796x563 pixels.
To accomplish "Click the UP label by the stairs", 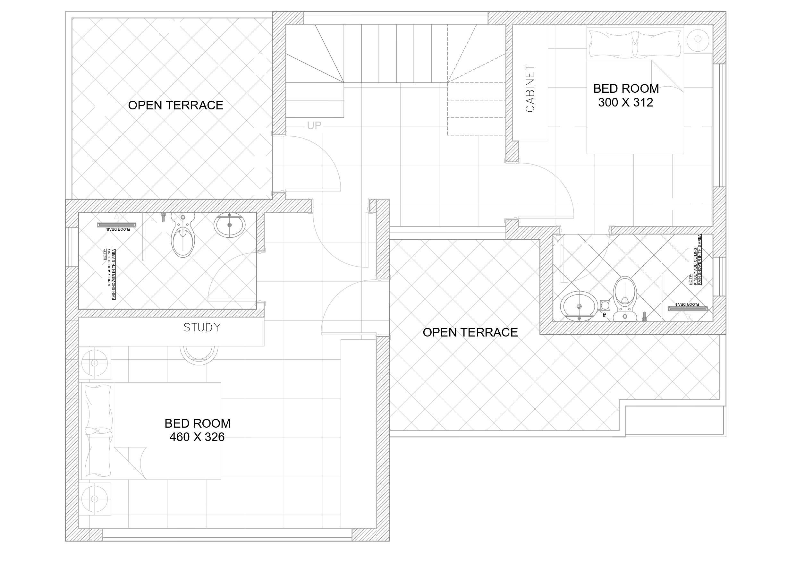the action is (314, 125).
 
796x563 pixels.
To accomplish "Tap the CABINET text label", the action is (530, 88).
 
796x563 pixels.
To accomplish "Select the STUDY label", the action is (202, 328).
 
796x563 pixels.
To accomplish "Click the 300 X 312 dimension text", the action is (625, 103).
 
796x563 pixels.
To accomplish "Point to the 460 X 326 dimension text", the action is (197, 437).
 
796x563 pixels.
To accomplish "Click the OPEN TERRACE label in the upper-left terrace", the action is (176, 105).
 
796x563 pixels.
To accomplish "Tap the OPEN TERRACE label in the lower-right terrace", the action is (470, 332).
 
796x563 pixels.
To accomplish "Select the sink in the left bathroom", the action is (230, 225).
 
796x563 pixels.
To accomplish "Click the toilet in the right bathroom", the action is (625, 299).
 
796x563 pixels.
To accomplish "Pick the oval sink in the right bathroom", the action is (579, 306).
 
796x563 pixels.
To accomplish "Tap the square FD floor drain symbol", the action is (605, 305).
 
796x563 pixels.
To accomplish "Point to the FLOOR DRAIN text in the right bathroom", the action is (686, 304).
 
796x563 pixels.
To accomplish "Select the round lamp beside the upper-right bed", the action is (698, 39).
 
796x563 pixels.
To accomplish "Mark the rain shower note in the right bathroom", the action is (695, 260).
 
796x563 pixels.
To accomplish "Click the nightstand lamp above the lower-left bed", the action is (94, 363).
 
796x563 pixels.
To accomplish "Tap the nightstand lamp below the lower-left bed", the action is (94, 499).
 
